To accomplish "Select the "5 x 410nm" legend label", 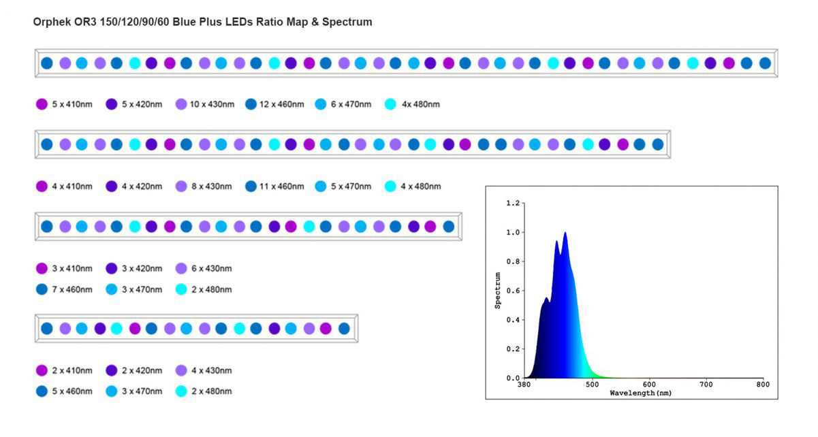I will point(72,104).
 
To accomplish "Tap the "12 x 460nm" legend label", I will point(281,104).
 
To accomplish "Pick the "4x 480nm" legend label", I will point(420,104).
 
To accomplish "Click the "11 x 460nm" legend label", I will point(281,186).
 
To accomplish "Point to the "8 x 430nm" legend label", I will point(212,186).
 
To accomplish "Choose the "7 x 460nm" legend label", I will point(72,289).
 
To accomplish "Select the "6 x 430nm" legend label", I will point(212,268).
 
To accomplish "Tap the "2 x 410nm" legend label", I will point(72,370).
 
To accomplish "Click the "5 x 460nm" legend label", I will point(72,391).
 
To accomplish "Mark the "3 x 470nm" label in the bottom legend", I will point(142,391).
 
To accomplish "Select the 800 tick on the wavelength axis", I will point(763,385).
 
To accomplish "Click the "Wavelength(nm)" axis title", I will point(640,393).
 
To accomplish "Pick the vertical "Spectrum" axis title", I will point(498,291).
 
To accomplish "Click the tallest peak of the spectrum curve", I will point(565,233).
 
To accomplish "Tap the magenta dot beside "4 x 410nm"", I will point(42,186).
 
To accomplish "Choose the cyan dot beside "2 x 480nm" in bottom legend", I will point(180,391).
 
